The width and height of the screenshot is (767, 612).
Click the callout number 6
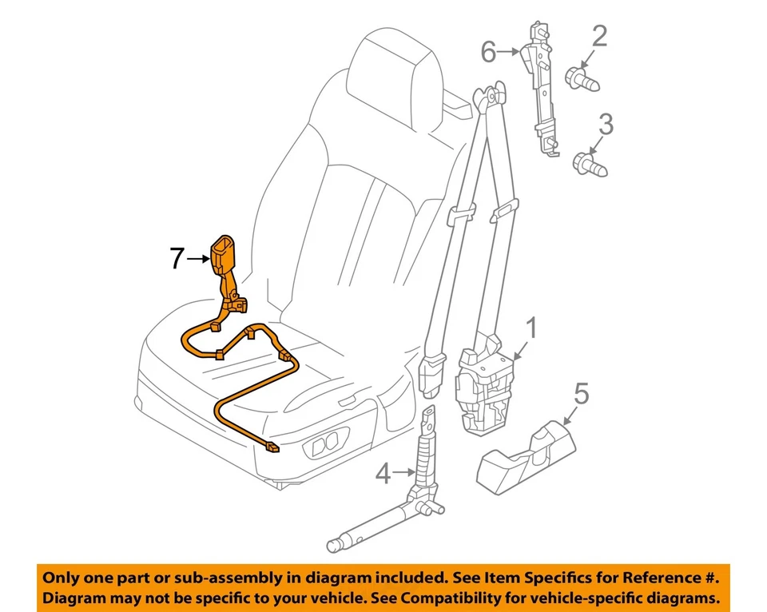click(x=488, y=53)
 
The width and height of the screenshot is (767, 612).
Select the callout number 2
click(x=599, y=36)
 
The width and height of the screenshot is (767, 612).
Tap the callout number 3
click(x=606, y=125)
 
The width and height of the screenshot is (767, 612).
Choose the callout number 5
click(x=581, y=393)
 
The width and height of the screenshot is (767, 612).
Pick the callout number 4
click(x=384, y=474)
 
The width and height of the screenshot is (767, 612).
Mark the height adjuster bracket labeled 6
click(x=541, y=88)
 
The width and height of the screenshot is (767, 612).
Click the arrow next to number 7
click(x=199, y=258)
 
